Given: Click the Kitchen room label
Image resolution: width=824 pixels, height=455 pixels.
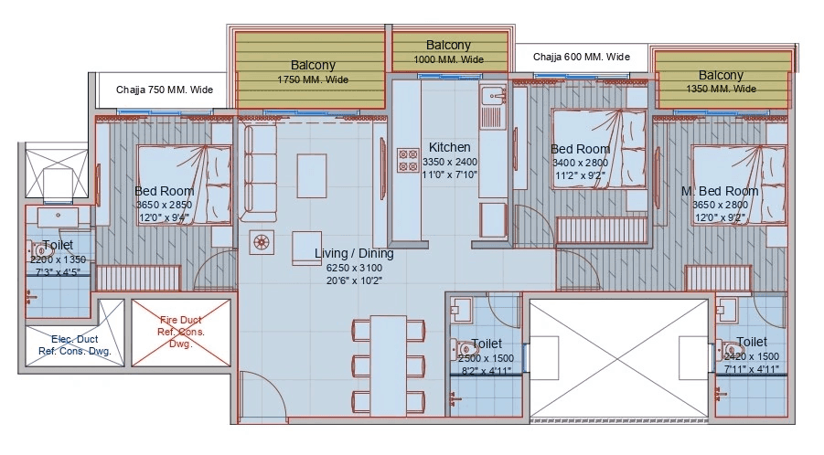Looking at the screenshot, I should [x=449, y=147].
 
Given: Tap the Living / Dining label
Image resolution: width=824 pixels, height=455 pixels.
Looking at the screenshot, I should [x=354, y=253].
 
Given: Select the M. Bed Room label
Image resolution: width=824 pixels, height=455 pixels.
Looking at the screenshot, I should [x=720, y=191].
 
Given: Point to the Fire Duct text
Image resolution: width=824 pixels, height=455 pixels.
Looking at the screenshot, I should [x=182, y=321].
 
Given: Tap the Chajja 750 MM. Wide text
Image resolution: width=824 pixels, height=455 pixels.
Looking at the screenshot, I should [x=165, y=90].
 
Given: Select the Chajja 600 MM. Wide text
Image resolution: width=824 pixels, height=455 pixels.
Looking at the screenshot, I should [x=582, y=57].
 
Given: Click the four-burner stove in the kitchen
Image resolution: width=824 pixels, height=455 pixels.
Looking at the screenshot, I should [x=405, y=161].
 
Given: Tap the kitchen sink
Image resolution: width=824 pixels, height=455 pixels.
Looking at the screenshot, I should [x=493, y=95].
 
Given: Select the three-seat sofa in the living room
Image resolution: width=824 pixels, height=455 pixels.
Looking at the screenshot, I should [x=259, y=172].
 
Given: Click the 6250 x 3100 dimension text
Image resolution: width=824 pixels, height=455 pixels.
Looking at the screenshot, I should [x=354, y=268].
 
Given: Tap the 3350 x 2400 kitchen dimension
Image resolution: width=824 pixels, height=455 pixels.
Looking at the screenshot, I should [x=451, y=162].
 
